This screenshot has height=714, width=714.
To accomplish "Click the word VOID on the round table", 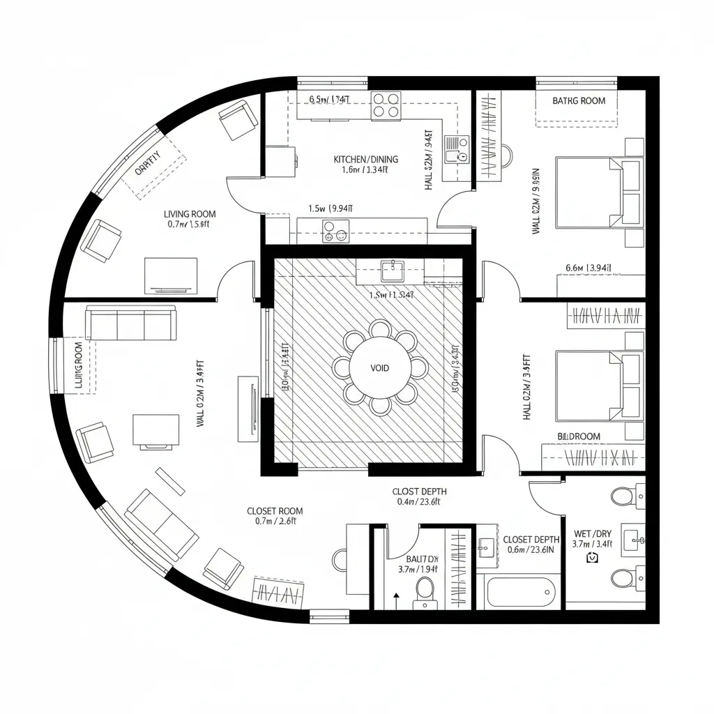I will [380, 367].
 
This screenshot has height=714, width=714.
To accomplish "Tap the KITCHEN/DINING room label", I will [365, 160].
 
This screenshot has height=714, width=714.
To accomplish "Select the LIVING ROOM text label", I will [190, 214].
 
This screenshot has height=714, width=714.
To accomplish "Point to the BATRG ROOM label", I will [579, 101].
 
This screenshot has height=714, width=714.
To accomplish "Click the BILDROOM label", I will [579, 436].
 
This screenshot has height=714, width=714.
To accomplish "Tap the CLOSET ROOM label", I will [275, 511].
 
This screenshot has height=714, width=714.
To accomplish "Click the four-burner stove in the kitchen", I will [386, 105].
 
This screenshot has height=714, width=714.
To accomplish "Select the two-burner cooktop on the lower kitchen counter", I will [335, 231].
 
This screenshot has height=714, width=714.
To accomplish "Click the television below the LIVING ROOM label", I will [171, 275].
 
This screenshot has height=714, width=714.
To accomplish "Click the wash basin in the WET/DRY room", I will [635, 538].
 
